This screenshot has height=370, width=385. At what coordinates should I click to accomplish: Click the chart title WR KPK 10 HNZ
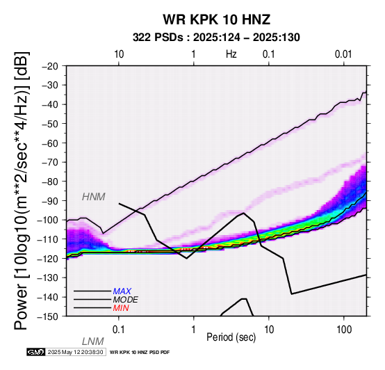[x=217, y=19]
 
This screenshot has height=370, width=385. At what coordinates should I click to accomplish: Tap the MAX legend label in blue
[x=122, y=291]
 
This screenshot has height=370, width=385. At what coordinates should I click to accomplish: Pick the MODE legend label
[x=126, y=300]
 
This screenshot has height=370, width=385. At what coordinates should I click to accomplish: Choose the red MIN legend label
[x=121, y=308]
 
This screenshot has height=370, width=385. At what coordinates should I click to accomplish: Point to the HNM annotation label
[x=94, y=197]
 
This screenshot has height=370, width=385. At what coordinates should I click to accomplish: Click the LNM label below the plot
[x=93, y=341]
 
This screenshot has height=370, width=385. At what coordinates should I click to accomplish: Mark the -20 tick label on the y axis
[x=50, y=66]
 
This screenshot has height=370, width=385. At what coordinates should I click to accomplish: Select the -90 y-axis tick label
[x=50, y=201]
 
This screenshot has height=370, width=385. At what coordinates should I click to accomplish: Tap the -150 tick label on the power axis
[x=48, y=316]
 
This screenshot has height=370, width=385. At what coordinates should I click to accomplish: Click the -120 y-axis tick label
[x=48, y=259]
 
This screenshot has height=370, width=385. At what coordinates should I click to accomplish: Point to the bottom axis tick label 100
[x=344, y=330]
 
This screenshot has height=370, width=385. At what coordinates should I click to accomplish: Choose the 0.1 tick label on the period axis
[x=119, y=330]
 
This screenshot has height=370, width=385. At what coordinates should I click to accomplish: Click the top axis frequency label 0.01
[x=343, y=54]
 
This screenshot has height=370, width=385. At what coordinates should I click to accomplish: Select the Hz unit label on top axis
[x=231, y=54]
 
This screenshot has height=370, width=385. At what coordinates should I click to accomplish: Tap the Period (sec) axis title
[x=231, y=337]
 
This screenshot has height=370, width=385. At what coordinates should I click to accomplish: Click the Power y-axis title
[x=21, y=191]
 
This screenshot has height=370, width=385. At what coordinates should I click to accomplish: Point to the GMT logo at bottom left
[x=36, y=352]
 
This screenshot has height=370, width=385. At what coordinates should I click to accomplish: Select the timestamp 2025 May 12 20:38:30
[x=75, y=352]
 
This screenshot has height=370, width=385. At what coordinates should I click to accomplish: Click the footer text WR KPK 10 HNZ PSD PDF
[x=140, y=353]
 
